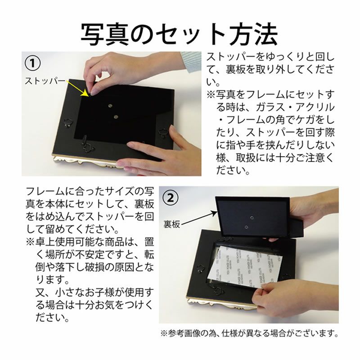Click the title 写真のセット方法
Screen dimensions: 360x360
(x=179, y=34)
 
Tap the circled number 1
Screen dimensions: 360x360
(x=32, y=63)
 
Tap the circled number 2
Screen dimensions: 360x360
(x=171, y=198)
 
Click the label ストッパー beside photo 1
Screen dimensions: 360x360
(x=45, y=81)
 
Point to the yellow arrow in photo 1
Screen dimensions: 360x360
(x=77, y=88)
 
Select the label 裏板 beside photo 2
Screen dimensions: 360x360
(x=171, y=224)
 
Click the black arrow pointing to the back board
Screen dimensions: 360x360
(x=199, y=218)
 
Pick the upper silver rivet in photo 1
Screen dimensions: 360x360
(x=110, y=106)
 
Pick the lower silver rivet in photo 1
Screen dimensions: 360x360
(x=116, y=117)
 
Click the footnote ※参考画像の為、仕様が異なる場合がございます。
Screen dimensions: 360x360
(x=249, y=333)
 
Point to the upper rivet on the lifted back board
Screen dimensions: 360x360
(x=252, y=217)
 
